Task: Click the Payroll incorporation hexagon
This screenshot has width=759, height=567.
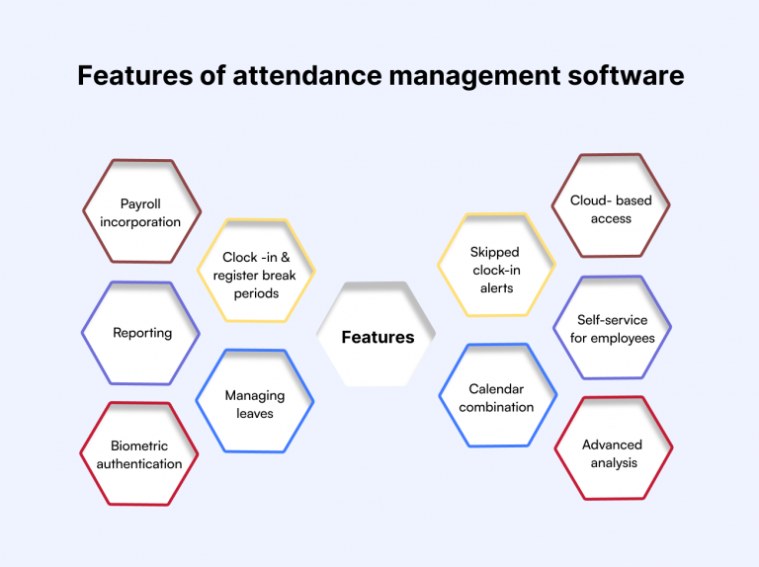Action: (141, 211)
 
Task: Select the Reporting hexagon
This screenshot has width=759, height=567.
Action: (140, 333)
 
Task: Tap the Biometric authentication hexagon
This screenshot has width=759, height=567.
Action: (139, 453)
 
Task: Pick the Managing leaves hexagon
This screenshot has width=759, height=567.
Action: (255, 401)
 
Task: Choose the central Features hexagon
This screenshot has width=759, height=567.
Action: (377, 334)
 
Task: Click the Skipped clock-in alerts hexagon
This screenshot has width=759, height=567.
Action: (496, 265)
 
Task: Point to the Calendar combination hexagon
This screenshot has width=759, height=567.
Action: (498, 395)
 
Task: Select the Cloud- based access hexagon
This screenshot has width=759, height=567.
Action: (611, 205)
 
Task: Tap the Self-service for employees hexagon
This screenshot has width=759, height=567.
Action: (612, 328)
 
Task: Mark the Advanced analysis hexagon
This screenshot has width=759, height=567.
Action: (614, 448)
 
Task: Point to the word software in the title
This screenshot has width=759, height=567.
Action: (626, 75)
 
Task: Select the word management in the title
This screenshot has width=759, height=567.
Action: (474, 77)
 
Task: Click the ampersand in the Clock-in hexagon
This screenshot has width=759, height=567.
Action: (285, 257)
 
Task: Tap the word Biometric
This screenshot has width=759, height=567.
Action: (139, 445)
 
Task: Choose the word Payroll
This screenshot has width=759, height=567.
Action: (140, 204)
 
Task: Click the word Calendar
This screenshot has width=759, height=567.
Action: (496, 389)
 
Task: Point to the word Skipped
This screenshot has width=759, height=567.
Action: (495, 253)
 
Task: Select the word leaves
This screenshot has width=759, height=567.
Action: (255, 414)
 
